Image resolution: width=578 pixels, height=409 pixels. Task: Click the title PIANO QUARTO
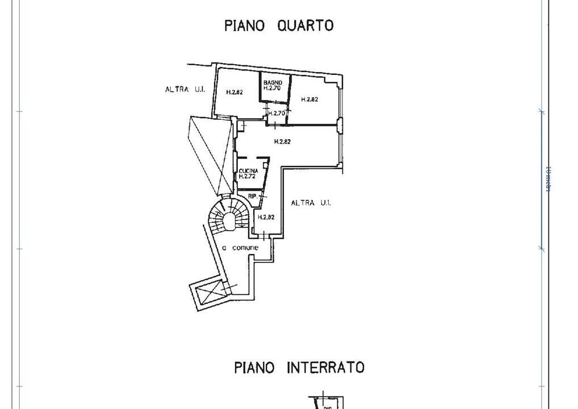pos(278,26)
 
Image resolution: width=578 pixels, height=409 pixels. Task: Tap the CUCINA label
pos(248,171)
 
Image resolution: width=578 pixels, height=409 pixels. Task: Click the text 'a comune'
pos(240,248)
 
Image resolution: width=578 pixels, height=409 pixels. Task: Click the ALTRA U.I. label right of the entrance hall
pos(311,203)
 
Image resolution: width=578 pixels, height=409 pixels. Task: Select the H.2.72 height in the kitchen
pos(248,177)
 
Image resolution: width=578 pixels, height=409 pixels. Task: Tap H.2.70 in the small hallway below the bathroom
pos(277,113)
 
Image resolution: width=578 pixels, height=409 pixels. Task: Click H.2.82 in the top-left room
pos(234,91)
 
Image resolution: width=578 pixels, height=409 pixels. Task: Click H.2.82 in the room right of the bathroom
pos(309,99)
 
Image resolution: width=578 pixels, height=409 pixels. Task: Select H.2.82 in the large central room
pos(282,142)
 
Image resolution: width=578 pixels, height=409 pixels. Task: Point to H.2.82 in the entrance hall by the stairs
pos(266,217)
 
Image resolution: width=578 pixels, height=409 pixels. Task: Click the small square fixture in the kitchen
pos(265,164)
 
